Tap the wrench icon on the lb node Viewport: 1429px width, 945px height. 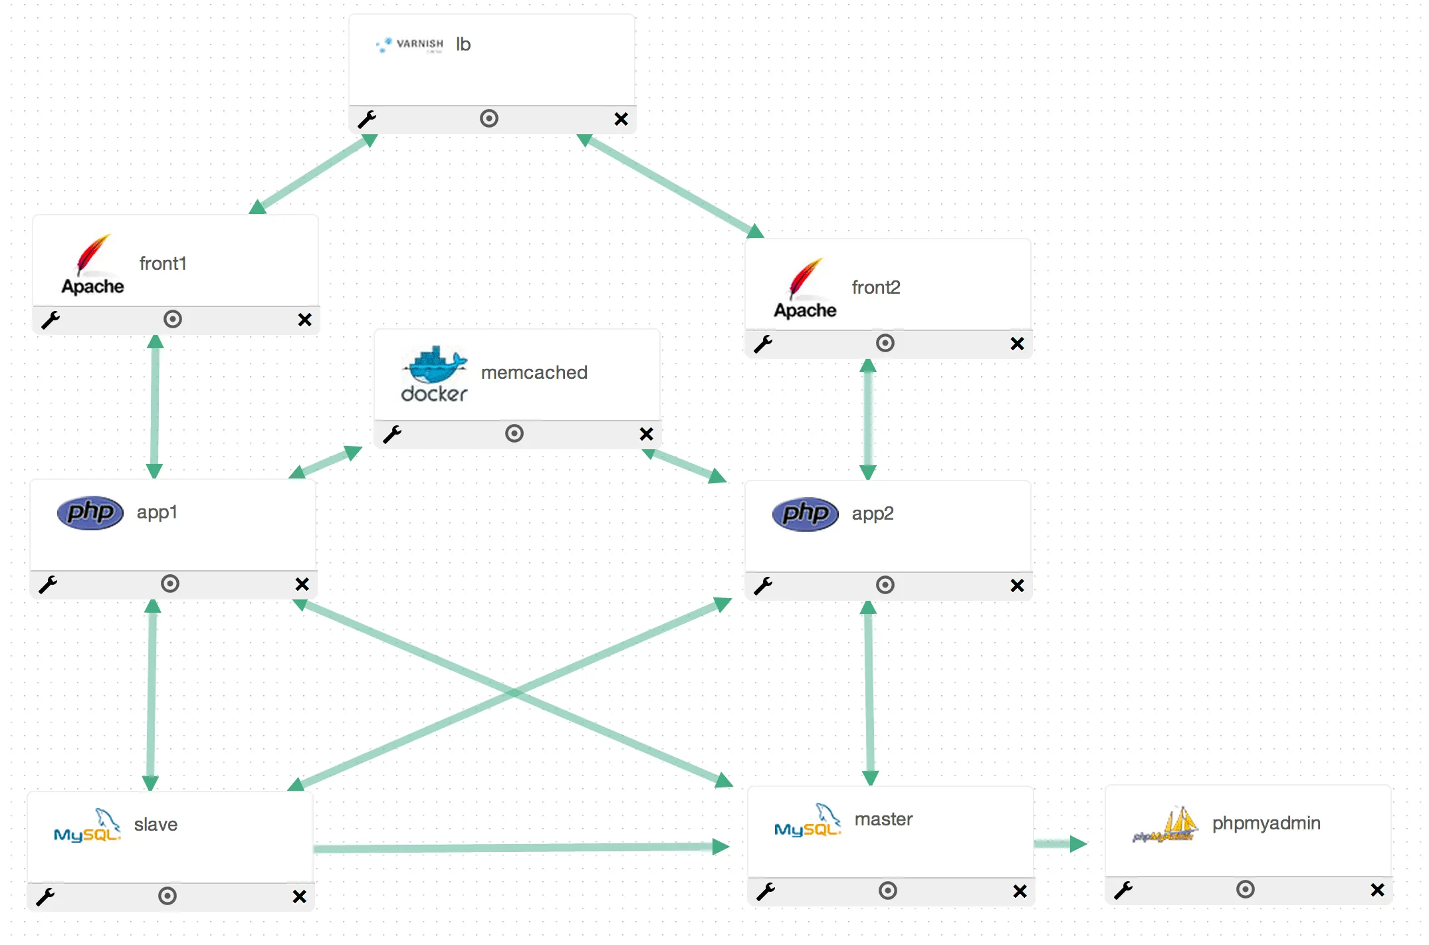coord(367,120)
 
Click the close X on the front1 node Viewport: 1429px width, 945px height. coord(304,320)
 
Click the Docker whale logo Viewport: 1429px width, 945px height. coord(434,374)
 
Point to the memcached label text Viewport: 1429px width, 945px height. coord(534,373)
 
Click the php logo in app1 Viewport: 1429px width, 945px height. coord(90,512)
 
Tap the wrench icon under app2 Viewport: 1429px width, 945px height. coord(763,585)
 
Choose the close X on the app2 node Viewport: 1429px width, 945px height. coord(1017,585)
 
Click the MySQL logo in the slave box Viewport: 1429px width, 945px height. coord(87,826)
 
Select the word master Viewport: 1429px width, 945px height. coord(883,819)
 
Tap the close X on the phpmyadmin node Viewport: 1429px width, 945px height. coord(1377,890)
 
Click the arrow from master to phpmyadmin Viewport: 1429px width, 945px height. coord(1060,844)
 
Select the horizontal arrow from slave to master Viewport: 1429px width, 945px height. coord(518,848)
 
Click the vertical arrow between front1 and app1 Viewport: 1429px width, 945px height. coord(154,407)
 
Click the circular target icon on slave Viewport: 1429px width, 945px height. coord(167,896)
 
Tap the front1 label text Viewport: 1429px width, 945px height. coord(163,264)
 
